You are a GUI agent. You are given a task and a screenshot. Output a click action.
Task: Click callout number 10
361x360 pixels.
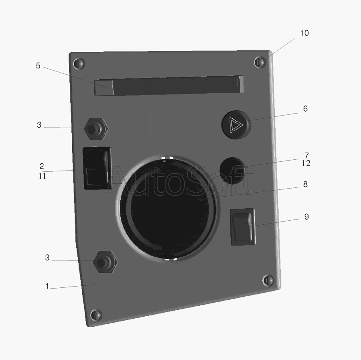[304, 33]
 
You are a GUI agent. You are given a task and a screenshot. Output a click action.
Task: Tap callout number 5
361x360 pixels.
[38, 66]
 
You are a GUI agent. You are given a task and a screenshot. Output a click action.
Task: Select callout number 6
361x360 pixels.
[305, 108]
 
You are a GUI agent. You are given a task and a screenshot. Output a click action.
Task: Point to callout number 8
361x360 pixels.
[305, 184]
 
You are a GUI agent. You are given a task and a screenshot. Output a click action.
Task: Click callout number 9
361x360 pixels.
[306, 217]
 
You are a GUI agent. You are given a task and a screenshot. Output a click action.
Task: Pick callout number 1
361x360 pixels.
[47, 286]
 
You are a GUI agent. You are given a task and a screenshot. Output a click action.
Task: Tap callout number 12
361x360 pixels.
[306, 163]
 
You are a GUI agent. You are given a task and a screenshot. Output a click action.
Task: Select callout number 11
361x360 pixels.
[43, 176]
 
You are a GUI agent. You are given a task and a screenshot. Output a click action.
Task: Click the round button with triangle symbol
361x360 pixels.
[236, 124]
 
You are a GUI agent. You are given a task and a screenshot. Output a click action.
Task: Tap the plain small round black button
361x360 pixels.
[232, 171]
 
